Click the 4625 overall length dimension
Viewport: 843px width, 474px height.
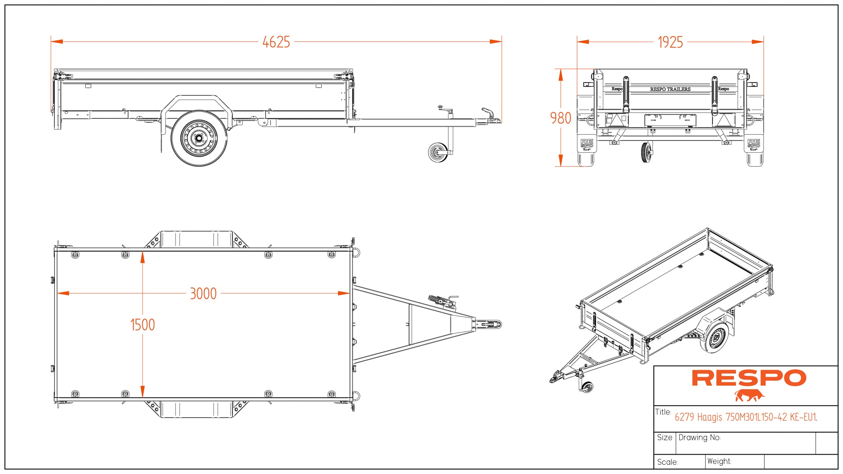coord(276,42)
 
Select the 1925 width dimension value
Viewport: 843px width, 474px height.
coord(670,43)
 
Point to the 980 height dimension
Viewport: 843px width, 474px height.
coord(561,118)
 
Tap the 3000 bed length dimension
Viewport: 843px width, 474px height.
coord(203,294)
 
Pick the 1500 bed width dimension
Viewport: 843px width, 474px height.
coord(143,325)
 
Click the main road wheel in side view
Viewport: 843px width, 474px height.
coord(199,138)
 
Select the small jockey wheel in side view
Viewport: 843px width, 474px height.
coord(437,152)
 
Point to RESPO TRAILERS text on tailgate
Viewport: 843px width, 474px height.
coord(670,89)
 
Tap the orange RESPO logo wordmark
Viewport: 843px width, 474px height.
coord(749,378)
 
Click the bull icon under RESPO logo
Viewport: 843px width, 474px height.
coord(749,395)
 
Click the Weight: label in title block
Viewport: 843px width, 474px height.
coord(719,461)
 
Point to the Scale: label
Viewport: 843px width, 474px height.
coord(667,462)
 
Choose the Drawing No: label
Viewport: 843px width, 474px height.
coord(699,438)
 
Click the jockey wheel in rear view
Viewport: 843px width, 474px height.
coord(646,152)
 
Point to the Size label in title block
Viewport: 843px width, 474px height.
coord(664,438)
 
